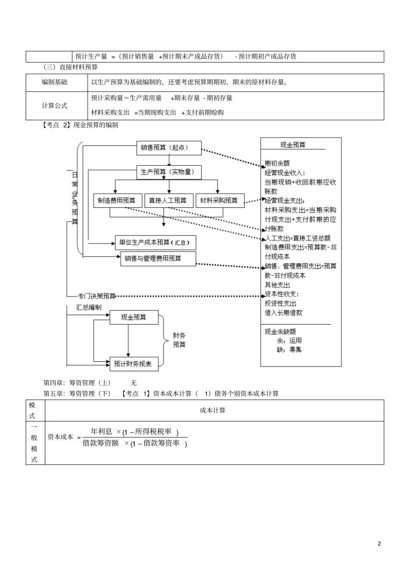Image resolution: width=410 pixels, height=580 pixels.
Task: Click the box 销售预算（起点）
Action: pos(169,148)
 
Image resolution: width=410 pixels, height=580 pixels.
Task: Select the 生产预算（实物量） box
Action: pos(169,172)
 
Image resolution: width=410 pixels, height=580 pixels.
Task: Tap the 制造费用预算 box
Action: pos(117,201)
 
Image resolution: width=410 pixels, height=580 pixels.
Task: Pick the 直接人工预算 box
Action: pos(168,201)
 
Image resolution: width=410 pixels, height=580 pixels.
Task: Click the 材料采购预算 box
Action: pos(220,201)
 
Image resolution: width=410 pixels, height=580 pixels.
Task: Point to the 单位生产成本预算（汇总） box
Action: pos(155,242)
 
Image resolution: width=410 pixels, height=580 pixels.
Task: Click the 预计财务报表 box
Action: pos(133,364)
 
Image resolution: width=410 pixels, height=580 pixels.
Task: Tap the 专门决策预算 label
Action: pos(97,296)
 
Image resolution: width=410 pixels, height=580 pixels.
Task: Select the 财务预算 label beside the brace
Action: pos(179,340)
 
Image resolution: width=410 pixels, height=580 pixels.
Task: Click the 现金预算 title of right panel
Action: pos(293,145)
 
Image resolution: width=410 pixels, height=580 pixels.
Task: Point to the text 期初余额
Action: pos(277,163)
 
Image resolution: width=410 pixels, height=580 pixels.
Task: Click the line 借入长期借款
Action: pos(284,313)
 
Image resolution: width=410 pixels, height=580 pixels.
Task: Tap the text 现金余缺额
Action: pos(281,332)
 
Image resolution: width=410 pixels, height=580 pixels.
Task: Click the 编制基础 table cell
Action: pos(54,82)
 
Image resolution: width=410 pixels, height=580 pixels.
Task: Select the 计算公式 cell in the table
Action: pos(54,106)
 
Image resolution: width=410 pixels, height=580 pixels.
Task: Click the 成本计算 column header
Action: pos(212,411)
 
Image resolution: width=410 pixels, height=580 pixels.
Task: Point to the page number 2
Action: pos(379,543)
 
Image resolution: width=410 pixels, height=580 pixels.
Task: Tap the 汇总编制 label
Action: pos(89,307)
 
